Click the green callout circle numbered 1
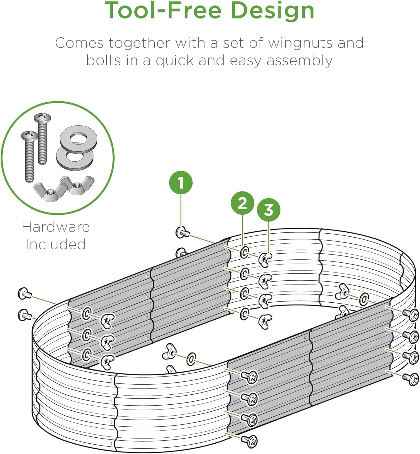(x=181, y=183)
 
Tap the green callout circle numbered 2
(x=242, y=203)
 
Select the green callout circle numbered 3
(x=269, y=210)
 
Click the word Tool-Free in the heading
(x=163, y=11)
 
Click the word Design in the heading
(x=272, y=11)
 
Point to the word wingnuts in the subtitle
(x=300, y=44)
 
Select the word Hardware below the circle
(x=56, y=227)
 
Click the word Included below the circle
(x=56, y=244)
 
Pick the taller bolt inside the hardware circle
(x=42, y=139)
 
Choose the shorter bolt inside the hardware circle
(x=29, y=156)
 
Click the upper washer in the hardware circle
(x=78, y=139)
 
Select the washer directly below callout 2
(x=244, y=252)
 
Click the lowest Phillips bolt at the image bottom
(x=249, y=441)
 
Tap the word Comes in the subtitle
(x=79, y=43)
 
